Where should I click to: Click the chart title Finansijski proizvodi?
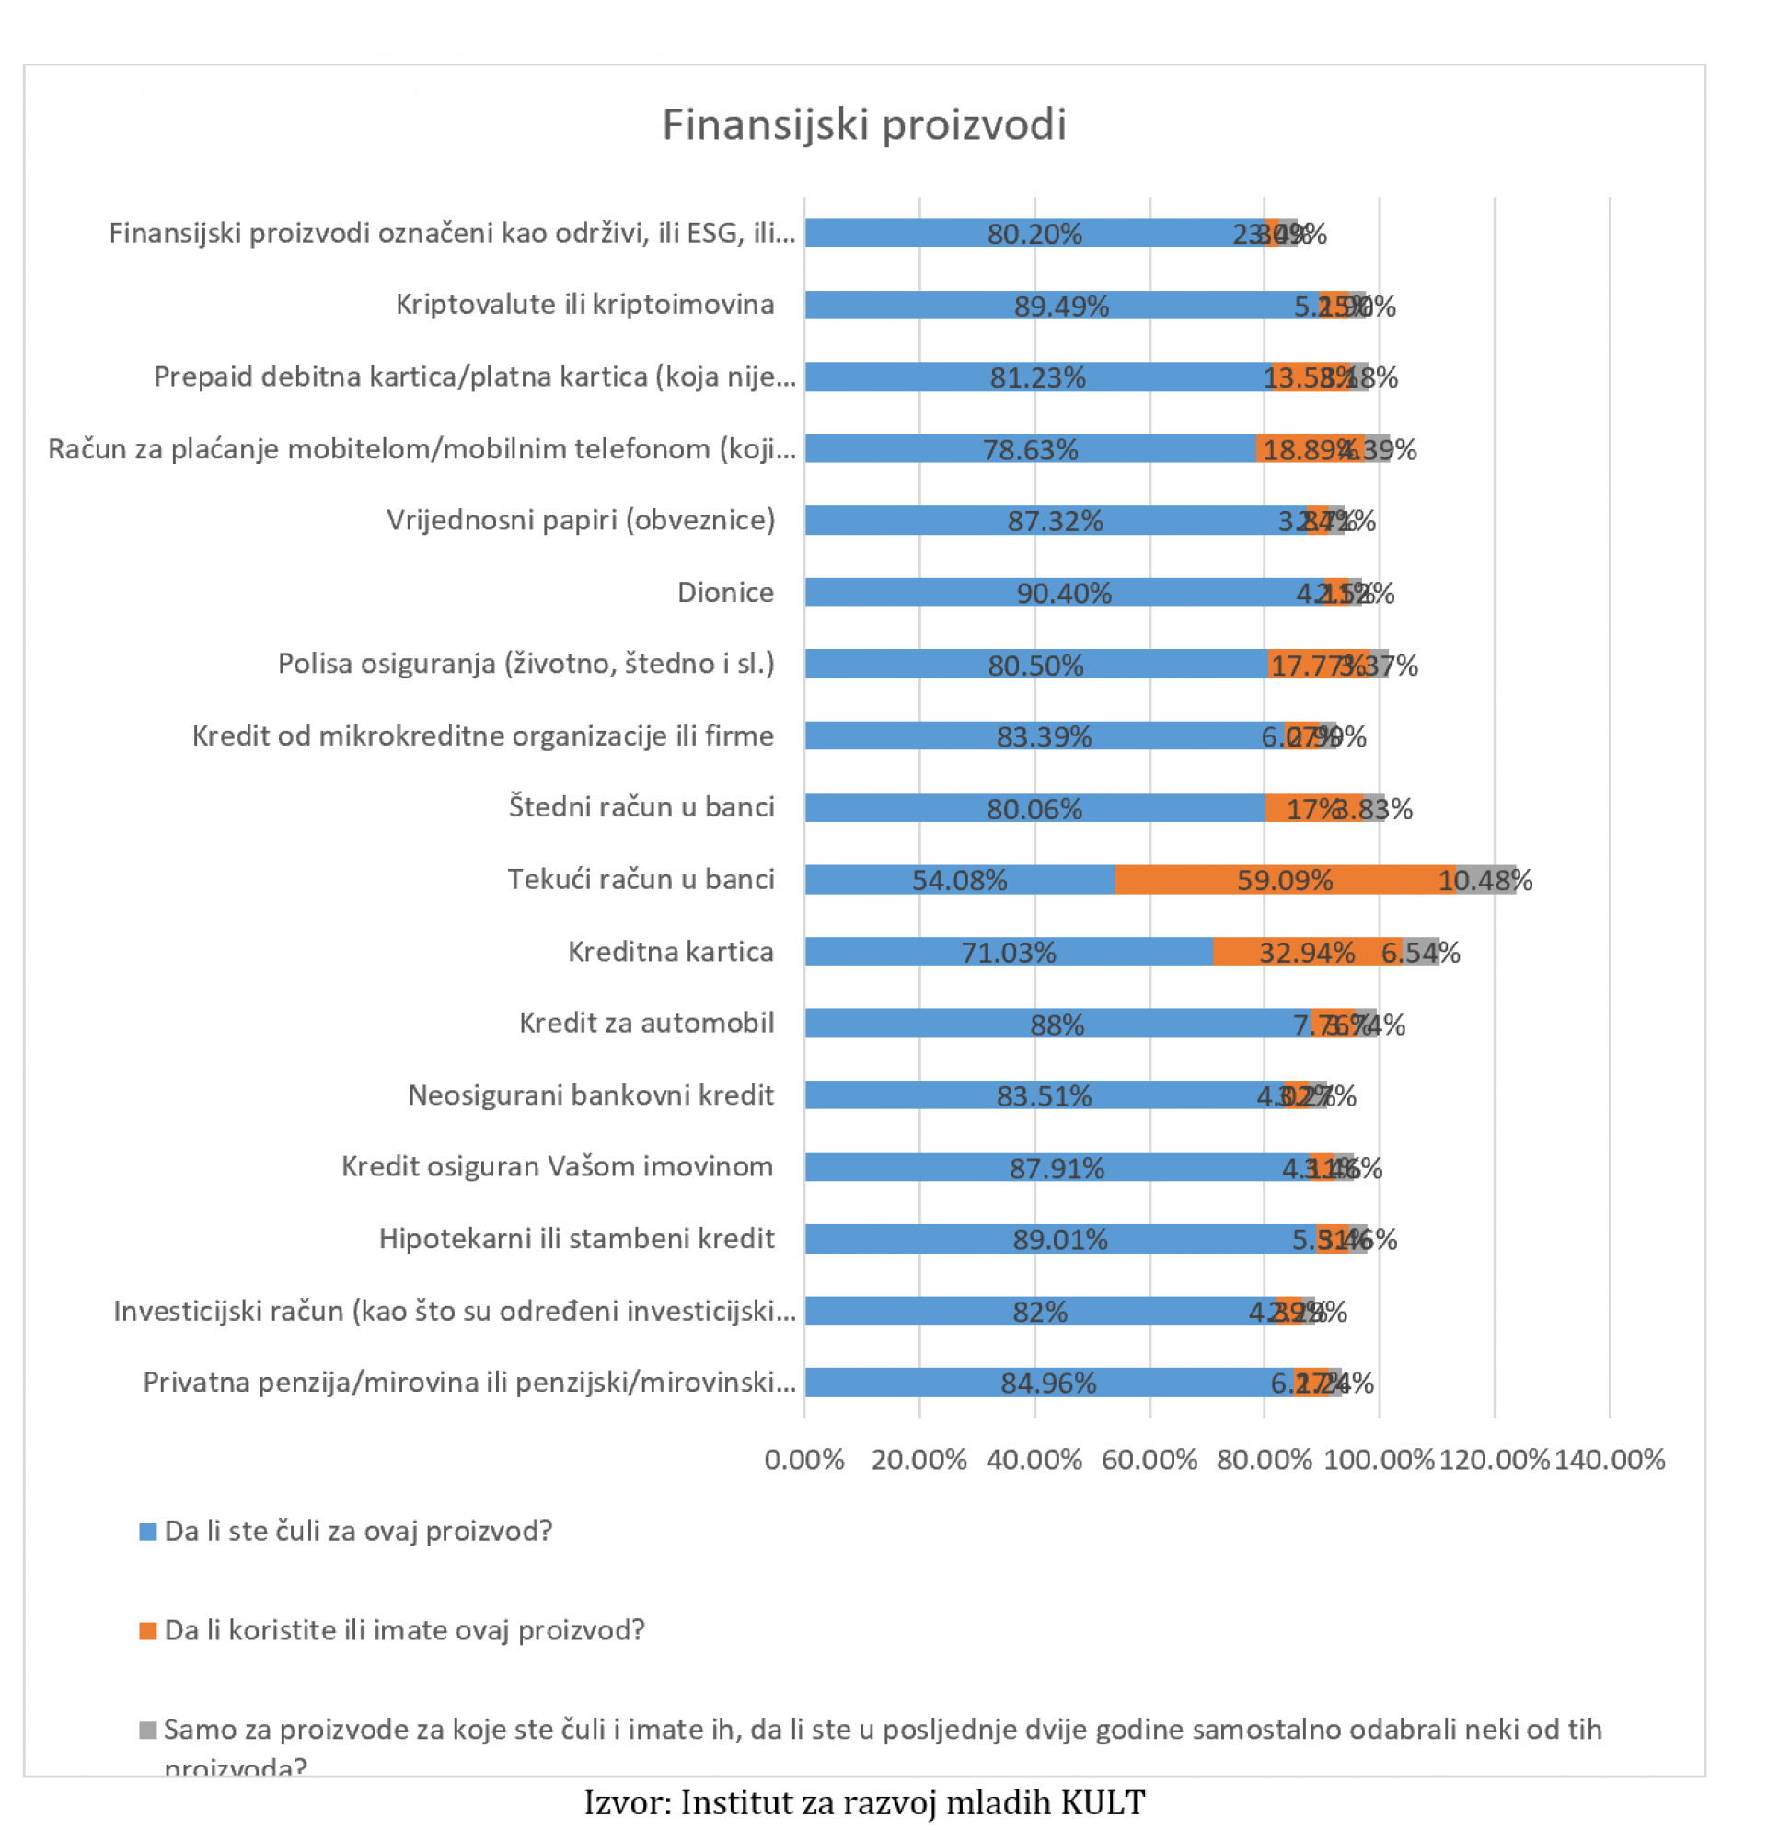(863, 125)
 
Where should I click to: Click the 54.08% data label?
(959, 880)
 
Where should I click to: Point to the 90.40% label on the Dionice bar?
(1063, 593)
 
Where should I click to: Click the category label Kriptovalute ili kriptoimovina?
(584, 305)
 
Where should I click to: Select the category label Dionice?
(725, 593)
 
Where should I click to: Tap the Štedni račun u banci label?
(641, 807)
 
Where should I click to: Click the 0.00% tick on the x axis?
(804, 1460)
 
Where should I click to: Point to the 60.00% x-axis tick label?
(1149, 1460)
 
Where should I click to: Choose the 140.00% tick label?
(1609, 1460)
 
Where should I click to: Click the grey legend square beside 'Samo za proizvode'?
(147, 1731)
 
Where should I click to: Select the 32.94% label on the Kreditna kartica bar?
(1306, 953)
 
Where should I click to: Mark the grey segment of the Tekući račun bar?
(1484, 880)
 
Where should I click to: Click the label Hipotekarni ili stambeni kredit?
(577, 1239)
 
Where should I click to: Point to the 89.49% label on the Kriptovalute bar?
(1060, 307)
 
